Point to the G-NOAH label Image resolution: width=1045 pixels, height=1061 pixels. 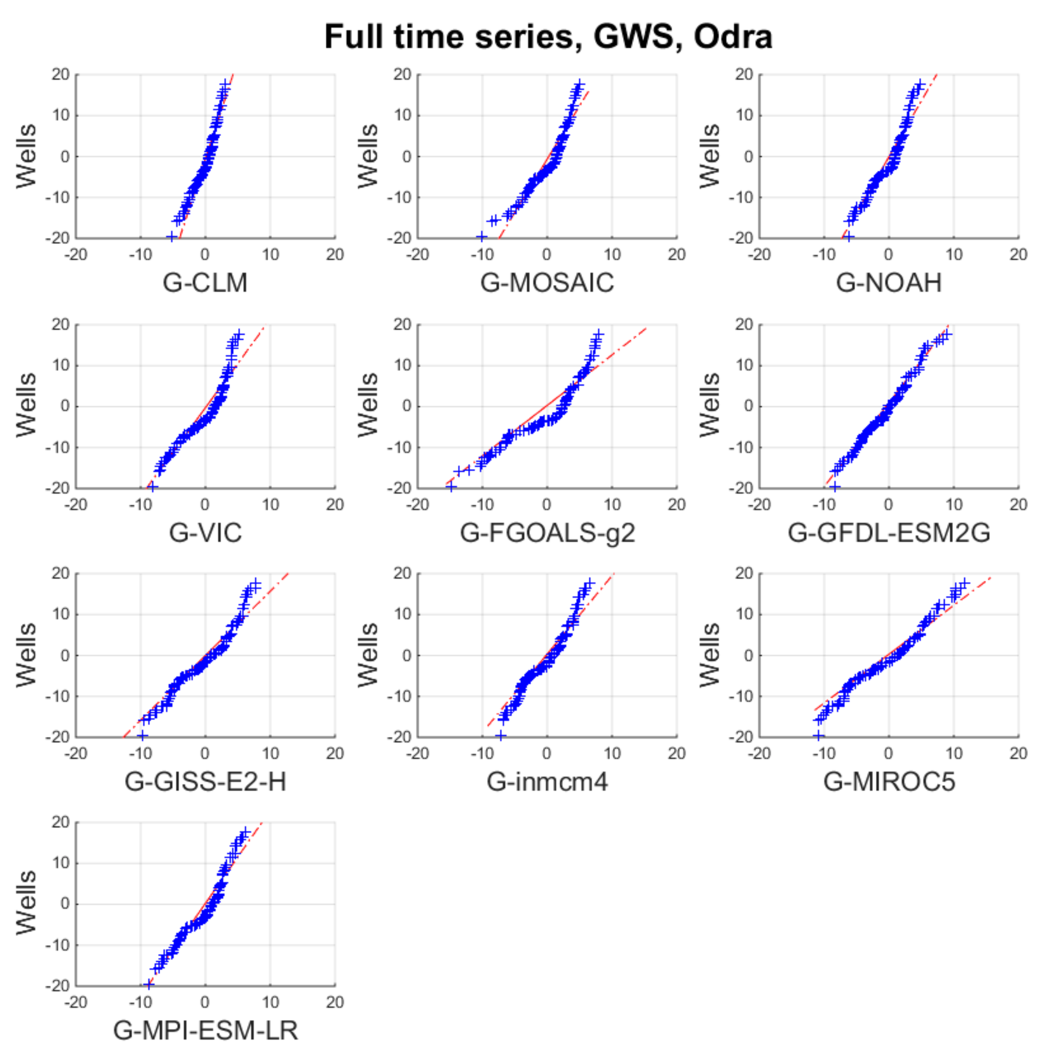click(888, 283)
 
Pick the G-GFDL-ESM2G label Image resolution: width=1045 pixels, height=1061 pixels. click(888, 532)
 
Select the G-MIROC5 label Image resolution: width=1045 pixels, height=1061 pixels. click(888, 781)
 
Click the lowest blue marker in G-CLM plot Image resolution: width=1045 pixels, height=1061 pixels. click(172, 237)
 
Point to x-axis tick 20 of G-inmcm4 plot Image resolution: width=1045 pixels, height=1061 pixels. click(676, 753)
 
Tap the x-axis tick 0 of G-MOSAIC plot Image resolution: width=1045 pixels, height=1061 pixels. click(547, 254)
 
